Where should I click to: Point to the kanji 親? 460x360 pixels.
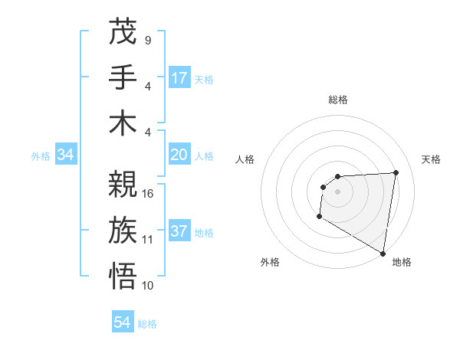pos(123,185)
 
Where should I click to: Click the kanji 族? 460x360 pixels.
pos(123,230)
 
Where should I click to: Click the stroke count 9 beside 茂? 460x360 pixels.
pos(147,40)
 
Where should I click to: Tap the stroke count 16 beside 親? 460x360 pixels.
pos(148,194)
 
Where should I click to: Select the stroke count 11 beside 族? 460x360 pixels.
pos(148,239)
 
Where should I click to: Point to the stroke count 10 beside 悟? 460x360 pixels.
pos(148,285)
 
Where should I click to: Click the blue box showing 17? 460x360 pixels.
pos(179,78)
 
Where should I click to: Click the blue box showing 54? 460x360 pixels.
pos(123,322)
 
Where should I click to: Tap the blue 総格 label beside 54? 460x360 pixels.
pos(147,324)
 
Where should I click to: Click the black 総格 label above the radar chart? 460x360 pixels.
pos(337,100)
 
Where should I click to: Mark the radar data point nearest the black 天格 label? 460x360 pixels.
pos(396,172)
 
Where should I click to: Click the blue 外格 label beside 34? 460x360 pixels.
pos(41,156)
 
